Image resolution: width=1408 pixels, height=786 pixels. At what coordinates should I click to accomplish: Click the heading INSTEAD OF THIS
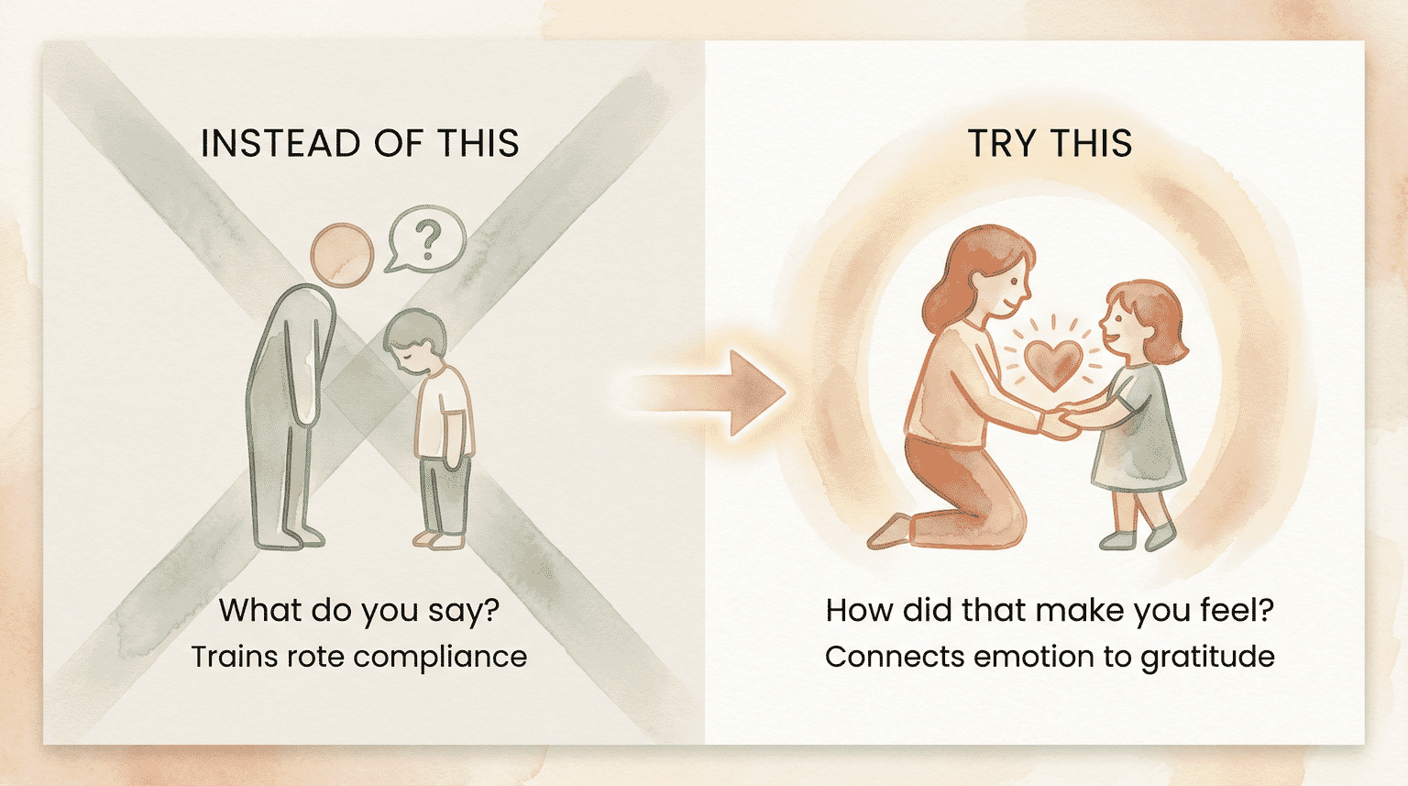coord(359,144)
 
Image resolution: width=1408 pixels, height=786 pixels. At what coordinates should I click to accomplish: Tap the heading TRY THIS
coord(1050,144)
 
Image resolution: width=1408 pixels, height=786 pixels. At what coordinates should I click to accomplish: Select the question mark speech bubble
coord(426,238)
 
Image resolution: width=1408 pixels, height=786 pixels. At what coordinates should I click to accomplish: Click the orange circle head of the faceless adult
coord(342,254)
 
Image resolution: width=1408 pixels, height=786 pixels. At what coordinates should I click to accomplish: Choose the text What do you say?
coord(359,610)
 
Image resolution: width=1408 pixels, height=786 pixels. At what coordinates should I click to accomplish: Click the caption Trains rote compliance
coord(359,657)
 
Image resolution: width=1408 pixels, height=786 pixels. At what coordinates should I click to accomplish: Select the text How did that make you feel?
coord(1050,610)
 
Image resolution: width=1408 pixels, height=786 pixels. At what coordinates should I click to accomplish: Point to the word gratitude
coord(1207,658)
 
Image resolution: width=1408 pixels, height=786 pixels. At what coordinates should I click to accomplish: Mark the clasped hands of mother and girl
coord(1062,423)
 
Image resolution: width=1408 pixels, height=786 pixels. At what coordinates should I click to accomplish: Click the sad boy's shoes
coord(439,539)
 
